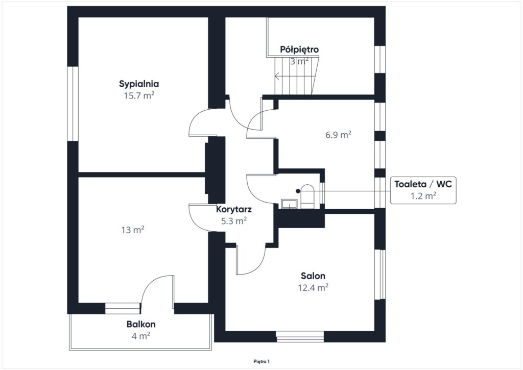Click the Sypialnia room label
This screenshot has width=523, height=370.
point(139,84)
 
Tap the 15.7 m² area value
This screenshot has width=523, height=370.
point(139,96)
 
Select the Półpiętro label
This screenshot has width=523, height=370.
point(299,50)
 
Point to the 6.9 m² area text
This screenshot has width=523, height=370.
point(338,135)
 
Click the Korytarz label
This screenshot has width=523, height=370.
point(234,209)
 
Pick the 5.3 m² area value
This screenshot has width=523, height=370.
point(234,220)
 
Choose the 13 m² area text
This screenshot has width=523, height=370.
point(133,230)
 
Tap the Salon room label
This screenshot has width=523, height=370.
point(313,276)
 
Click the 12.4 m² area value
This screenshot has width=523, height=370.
point(313,288)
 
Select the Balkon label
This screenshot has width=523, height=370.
point(141,324)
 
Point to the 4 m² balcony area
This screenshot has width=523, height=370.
point(141,336)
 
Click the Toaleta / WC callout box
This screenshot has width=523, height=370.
point(423,190)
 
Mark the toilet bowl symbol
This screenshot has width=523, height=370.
point(307,196)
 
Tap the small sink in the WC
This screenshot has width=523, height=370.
point(289,204)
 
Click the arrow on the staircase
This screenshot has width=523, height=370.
point(295,77)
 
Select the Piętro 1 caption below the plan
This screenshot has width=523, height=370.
point(261,361)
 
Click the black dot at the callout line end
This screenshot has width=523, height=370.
point(298,191)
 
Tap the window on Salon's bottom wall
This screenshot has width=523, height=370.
point(300,336)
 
